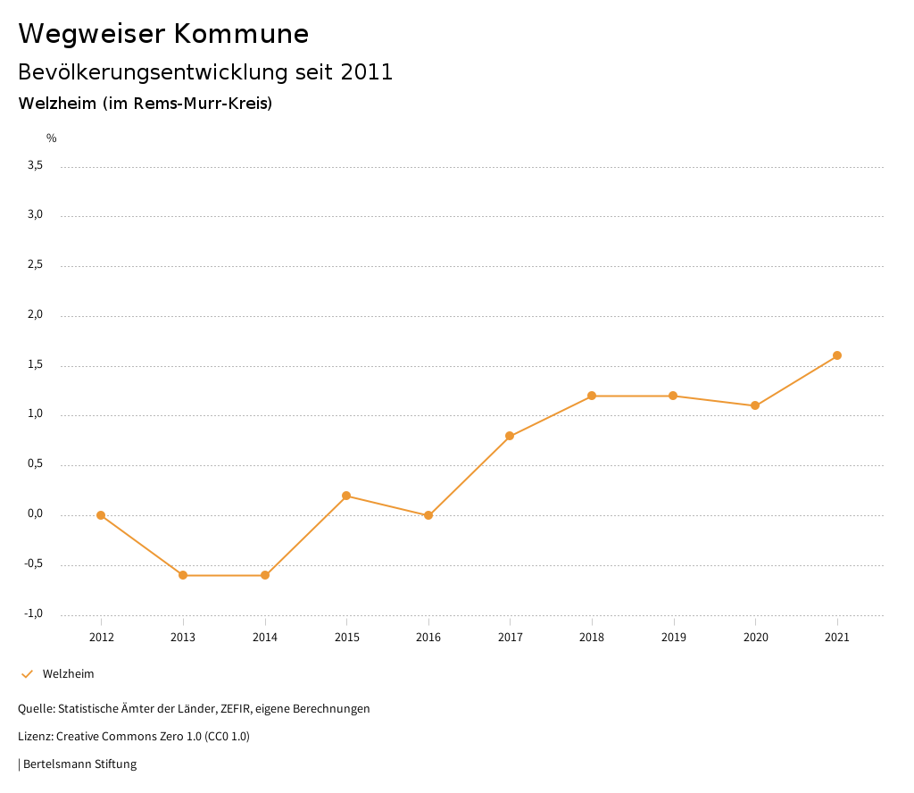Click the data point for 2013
(183, 575)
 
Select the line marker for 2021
(837, 355)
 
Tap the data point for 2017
(510, 437)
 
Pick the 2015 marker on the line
(346, 496)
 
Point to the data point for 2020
(755, 405)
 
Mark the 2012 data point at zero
(101, 515)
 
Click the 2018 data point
(592, 396)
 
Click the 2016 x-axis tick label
(428, 638)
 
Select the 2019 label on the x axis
(674, 638)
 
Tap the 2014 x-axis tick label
(265, 638)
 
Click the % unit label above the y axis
(52, 138)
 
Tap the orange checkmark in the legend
(27, 674)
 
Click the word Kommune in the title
(241, 34)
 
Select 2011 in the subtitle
(367, 72)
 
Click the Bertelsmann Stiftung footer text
(79, 764)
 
